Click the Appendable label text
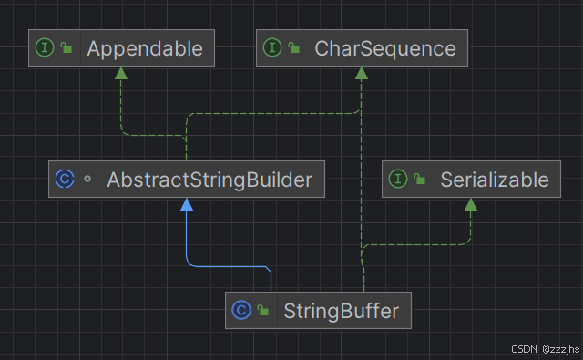tap(144, 48)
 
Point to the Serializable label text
tap(494, 180)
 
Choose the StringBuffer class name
tap(342, 311)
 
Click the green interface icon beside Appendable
tap(44, 48)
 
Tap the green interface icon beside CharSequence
tap(271, 48)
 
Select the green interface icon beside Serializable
tap(397, 180)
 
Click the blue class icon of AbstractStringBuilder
tap(64, 180)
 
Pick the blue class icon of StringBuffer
tap(240, 311)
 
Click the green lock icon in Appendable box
tap(66, 48)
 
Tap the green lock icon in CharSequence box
tap(294, 48)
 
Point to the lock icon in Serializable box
tap(420, 180)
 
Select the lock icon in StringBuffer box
tap(262, 311)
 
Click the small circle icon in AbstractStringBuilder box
tap(87, 180)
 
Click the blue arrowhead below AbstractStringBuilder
tap(187, 205)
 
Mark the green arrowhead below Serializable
tap(471, 205)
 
